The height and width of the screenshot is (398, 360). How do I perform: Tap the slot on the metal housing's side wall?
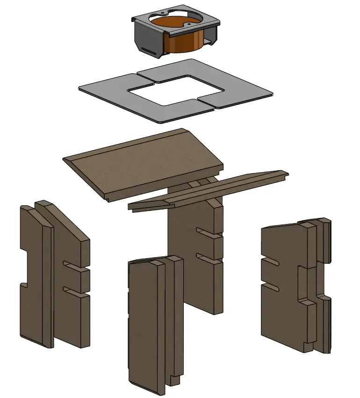[150, 50]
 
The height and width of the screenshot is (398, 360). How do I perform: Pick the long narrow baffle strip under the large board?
[210, 190]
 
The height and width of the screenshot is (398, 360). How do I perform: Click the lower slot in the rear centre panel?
[206, 257]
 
